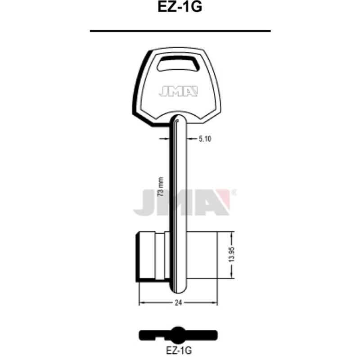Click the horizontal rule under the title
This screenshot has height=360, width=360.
(x=180, y=31)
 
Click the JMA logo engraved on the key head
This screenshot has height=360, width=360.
(x=178, y=91)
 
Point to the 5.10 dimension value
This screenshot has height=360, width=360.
(x=205, y=139)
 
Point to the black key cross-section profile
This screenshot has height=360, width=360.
(x=179, y=335)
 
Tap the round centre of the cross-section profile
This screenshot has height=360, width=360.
(x=179, y=333)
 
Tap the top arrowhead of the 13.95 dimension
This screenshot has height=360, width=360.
(x=232, y=234)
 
